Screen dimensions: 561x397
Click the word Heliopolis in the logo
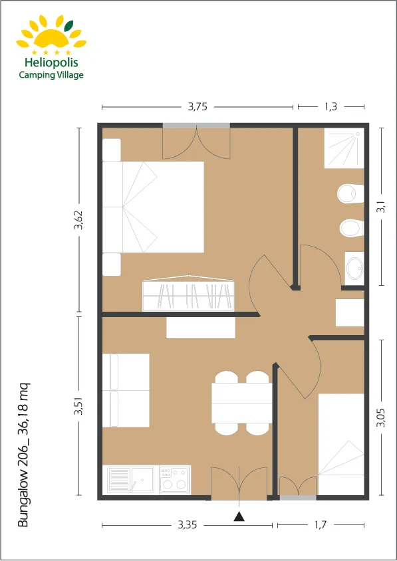click(x=50, y=62)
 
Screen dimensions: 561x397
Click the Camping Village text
click(x=51, y=75)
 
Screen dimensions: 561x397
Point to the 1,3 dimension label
click(x=331, y=106)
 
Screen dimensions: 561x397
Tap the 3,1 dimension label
click(x=381, y=207)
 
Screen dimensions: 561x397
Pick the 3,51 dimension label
click(x=78, y=405)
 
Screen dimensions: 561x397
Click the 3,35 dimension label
click(x=188, y=525)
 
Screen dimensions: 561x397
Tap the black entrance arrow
click(x=239, y=514)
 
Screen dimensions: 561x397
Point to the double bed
click(x=154, y=207)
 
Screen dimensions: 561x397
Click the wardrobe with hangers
click(x=189, y=294)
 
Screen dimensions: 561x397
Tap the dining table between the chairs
click(x=241, y=403)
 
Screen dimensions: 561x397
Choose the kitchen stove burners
click(x=175, y=480)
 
